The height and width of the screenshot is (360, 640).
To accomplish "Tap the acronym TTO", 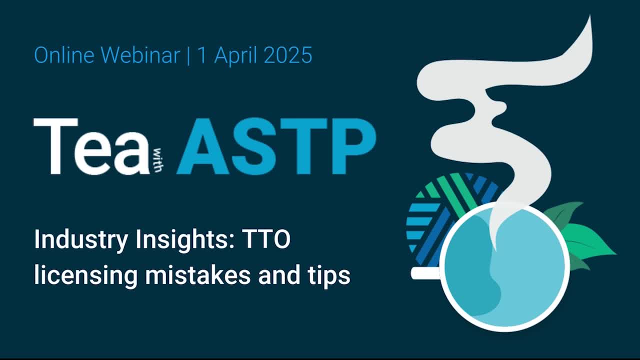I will pos(266,239).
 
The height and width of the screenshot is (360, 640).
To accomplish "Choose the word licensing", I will pos(85,275).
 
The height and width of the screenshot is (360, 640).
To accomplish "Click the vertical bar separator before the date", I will pos(188,55).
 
